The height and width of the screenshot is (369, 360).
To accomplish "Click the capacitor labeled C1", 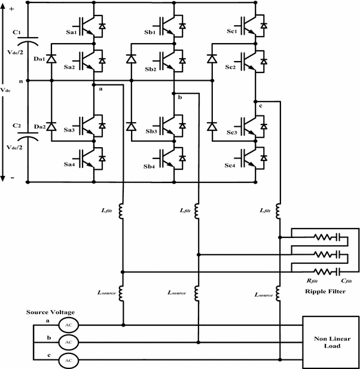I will pos(27,41).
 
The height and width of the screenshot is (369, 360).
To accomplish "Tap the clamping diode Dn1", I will pos(51,59).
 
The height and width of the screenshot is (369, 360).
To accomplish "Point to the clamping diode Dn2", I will pos(51,127).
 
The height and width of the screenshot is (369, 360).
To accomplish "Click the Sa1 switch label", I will pos(70,33).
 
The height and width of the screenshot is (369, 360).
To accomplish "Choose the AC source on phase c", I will pos(68,361).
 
